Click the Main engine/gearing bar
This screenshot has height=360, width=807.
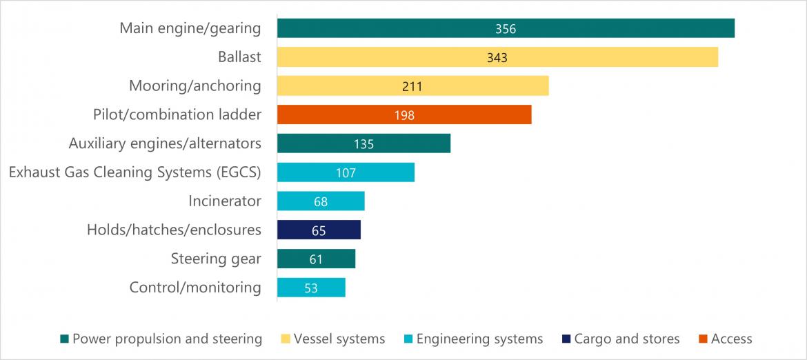coord(506,28)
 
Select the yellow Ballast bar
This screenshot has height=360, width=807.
coord(497,57)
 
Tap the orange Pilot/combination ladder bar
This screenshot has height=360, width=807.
coord(404,114)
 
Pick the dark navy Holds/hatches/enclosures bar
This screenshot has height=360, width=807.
coord(319,230)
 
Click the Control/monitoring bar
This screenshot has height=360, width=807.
coord(311,288)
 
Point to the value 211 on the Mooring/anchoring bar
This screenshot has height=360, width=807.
coord(412,86)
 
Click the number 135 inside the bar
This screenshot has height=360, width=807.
coord(363,143)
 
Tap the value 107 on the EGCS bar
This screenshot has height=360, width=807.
coord(346,172)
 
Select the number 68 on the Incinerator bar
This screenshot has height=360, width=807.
coord(320,201)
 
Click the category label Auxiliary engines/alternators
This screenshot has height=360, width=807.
coord(165,143)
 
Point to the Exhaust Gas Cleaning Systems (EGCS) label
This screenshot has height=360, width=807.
coord(134,172)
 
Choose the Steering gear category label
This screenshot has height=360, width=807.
coord(216,259)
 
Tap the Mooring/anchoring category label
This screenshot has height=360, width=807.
coord(195,86)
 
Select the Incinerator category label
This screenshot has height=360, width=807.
coord(225,201)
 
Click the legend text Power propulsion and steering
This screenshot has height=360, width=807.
coord(167,339)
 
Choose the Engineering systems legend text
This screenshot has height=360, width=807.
coord(479,339)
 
